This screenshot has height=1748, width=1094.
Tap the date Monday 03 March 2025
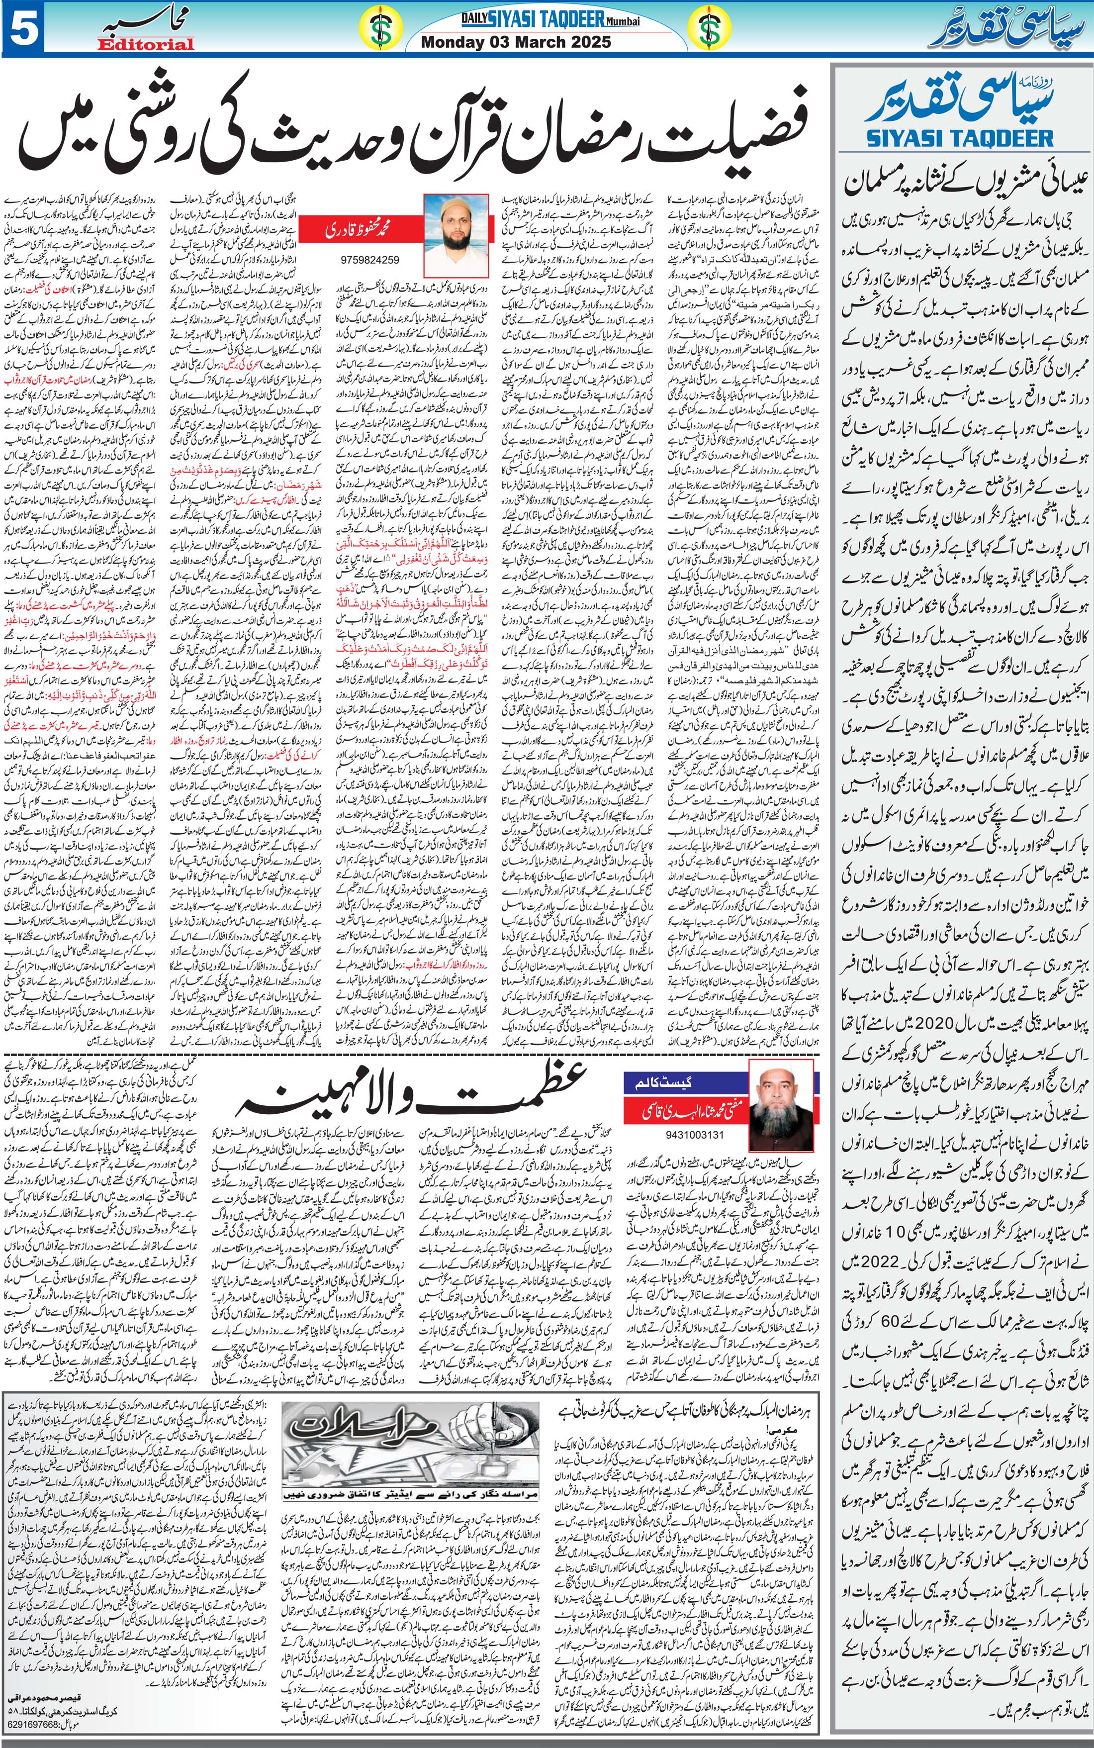(x=515, y=42)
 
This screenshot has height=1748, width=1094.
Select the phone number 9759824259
(x=369, y=259)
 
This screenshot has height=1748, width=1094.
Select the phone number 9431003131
(x=694, y=1135)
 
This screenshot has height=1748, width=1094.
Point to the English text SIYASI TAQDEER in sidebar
(x=959, y=137)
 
